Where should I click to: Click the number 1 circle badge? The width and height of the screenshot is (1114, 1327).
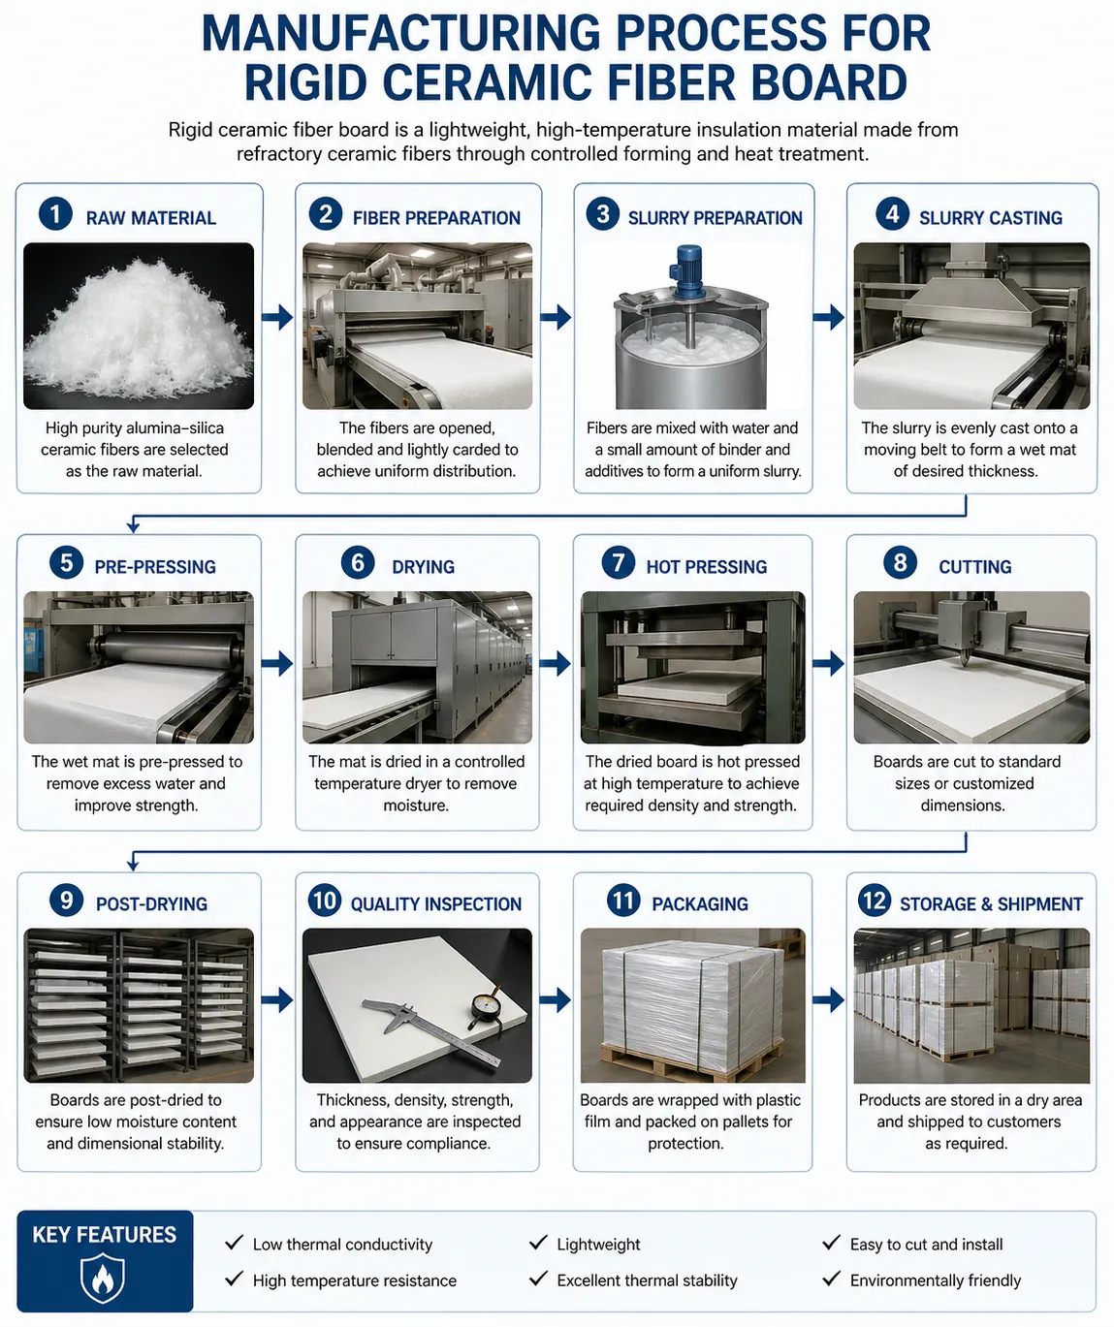coord(55,214)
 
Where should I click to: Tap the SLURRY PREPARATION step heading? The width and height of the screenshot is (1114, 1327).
coord(715,218)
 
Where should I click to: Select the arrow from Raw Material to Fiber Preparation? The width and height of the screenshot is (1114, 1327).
coord(277,317)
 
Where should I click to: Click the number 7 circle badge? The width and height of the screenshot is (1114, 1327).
coord(618,562)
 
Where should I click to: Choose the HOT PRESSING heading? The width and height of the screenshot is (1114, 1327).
coord(706,567)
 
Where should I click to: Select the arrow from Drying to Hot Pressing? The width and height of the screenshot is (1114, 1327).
coord(556,664)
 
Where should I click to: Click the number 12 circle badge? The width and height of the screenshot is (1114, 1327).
coord(874,900)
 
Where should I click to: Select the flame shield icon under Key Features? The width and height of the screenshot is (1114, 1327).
coord(103,1279)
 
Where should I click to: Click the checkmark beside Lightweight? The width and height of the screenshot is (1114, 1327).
coord(538,1243)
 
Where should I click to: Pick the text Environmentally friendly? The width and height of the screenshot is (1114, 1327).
coord(935,1280)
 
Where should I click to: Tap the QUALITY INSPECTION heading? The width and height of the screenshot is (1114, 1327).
coord(435,904)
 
